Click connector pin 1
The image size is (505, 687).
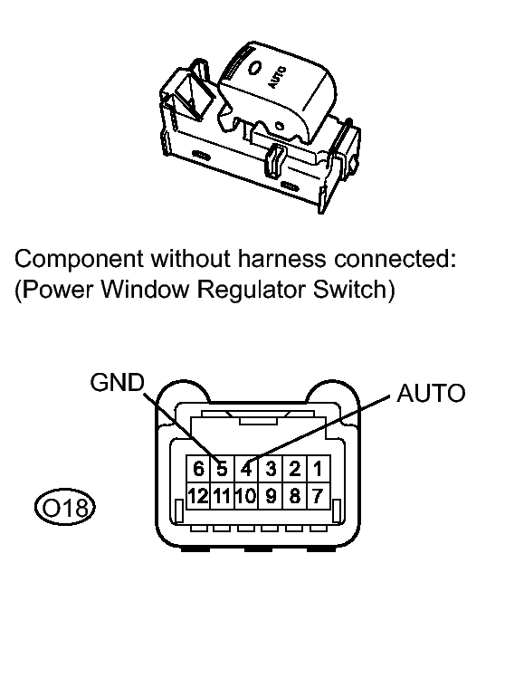pyautogui.click(x=317, y=470)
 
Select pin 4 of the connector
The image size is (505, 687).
pyautogui.click(x=245, y=470)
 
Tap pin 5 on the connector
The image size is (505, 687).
pyautogui.click(x=222, y=470)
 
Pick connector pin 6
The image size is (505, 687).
pyautogui.click(x=198, y=470)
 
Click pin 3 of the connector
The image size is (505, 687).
pyautogui.click(x=270, y=470)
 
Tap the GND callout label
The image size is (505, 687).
pyautogui.click(x=117, y=383)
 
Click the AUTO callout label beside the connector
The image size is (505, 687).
pyautogui.click(x=431, y=394)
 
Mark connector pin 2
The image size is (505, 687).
pyautogui.click(x=293, y=470)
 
